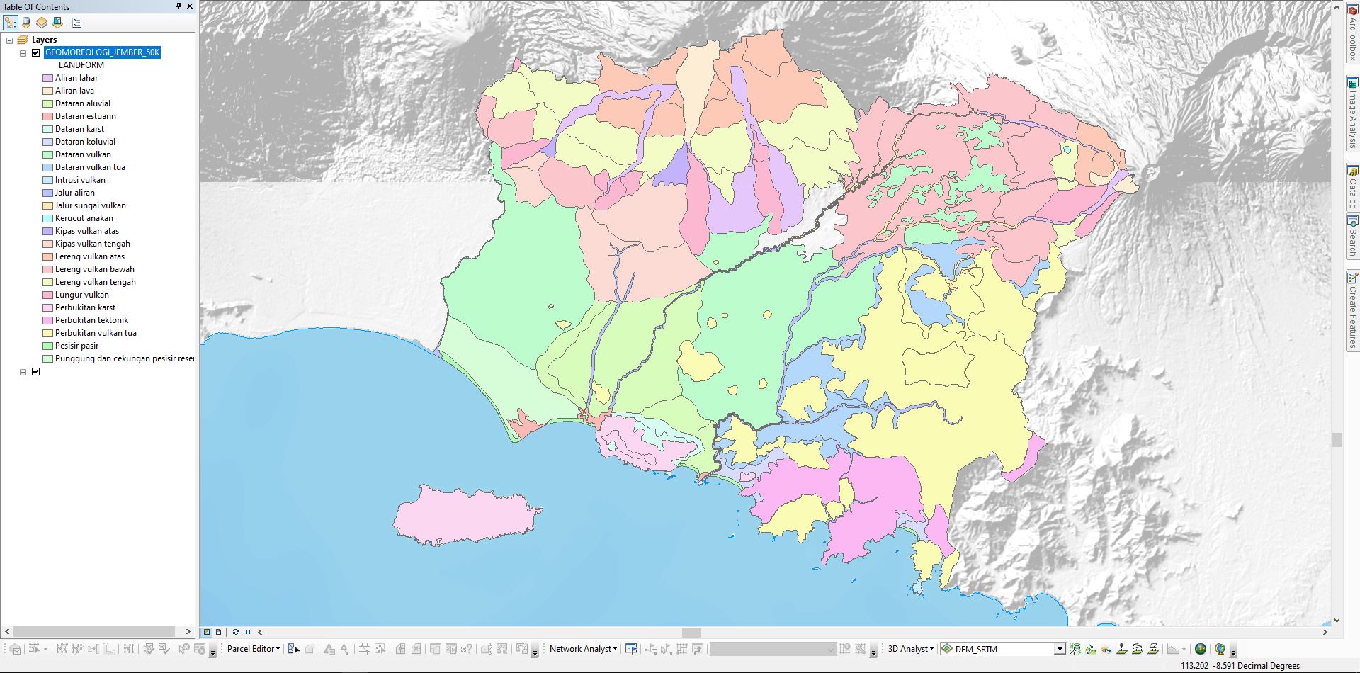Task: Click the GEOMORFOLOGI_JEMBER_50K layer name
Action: point(102,52)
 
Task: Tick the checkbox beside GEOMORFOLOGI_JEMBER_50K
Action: point(36,52)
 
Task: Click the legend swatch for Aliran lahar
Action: point(47,78)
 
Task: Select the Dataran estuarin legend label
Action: point(85,116)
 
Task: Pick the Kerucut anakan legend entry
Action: point(84,218)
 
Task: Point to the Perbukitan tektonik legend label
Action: point(91,320)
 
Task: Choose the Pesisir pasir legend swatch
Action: point(47,346)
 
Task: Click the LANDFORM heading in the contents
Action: point(81,65)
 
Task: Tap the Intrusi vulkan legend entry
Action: point(79,180)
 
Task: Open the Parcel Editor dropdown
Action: point(254,649)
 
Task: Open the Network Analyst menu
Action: point(583,649)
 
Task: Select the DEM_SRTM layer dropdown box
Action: point(1002,649)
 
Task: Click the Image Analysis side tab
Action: point(1352,113)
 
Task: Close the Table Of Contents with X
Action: point(190,6)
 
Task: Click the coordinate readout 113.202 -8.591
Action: point(1240,666)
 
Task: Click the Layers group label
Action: point(44,40)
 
